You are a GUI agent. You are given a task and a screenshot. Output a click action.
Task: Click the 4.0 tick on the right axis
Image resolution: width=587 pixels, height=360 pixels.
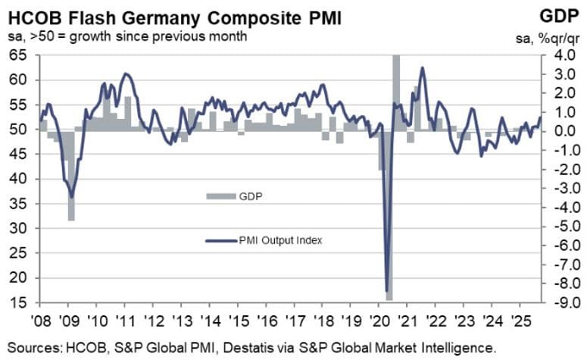point(554,55)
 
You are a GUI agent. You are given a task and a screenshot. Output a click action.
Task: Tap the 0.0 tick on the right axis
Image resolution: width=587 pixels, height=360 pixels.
point(554,130)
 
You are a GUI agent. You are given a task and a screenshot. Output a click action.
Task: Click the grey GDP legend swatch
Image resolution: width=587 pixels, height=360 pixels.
point(217,196)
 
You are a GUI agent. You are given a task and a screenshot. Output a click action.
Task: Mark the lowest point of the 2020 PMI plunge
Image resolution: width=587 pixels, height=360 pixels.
point(388,293)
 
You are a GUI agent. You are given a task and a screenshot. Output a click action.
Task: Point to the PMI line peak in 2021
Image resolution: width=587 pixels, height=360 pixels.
point(422,68)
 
